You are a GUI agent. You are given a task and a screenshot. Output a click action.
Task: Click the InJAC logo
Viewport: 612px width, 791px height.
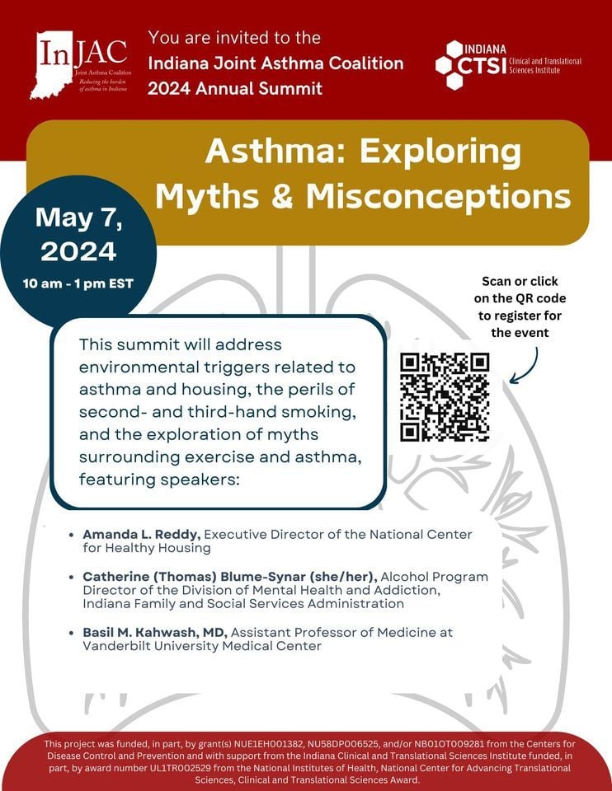coord(82,63)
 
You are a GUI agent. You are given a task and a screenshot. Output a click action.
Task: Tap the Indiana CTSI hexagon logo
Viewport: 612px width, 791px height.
coord(455,65)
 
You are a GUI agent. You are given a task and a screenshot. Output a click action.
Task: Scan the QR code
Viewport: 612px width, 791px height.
coord(445,397)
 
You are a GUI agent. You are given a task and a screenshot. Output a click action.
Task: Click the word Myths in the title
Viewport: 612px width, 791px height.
coord(219,196)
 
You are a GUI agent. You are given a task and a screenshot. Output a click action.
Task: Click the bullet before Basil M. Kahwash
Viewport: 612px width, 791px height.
coord(75,632)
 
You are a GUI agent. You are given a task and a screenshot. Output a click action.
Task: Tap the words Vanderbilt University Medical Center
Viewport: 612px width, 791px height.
coord(202,646)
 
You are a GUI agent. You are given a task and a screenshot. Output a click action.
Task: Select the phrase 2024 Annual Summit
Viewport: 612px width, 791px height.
coord(235,88)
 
